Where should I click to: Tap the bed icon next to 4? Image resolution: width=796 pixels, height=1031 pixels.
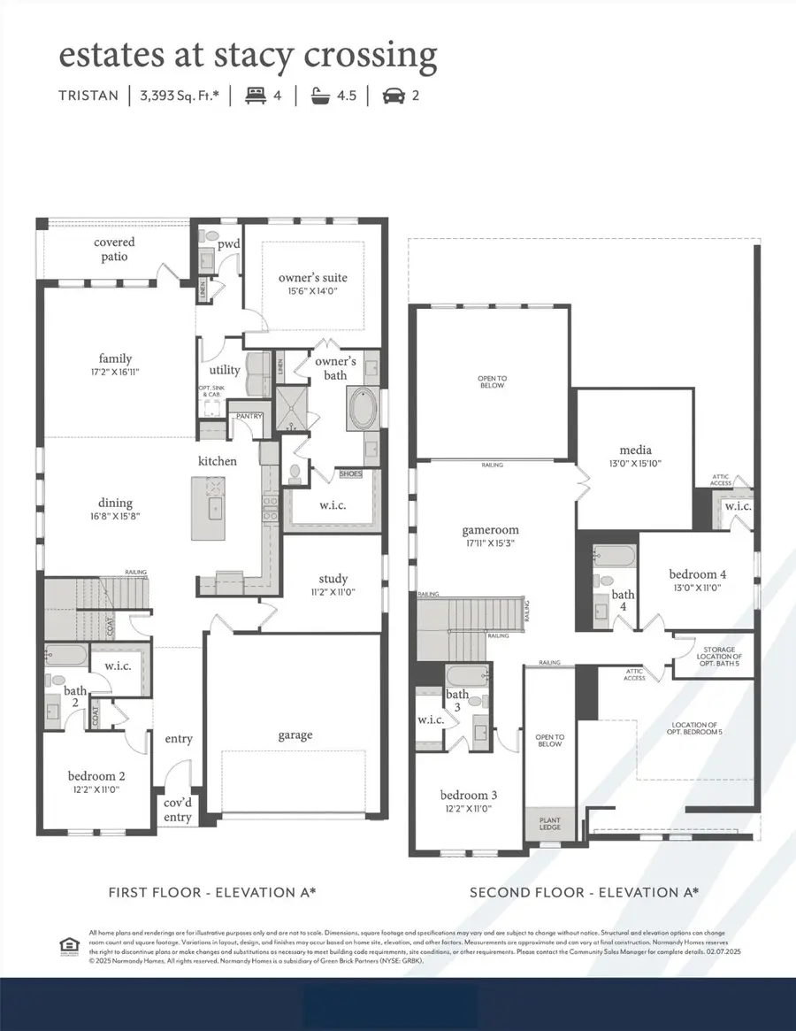255,95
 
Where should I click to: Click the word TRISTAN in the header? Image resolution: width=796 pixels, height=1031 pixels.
89,96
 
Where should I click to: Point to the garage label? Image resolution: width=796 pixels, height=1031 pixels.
294,735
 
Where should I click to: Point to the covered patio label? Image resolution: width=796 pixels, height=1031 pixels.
114,249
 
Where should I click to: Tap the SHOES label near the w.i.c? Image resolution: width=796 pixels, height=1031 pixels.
350,474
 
